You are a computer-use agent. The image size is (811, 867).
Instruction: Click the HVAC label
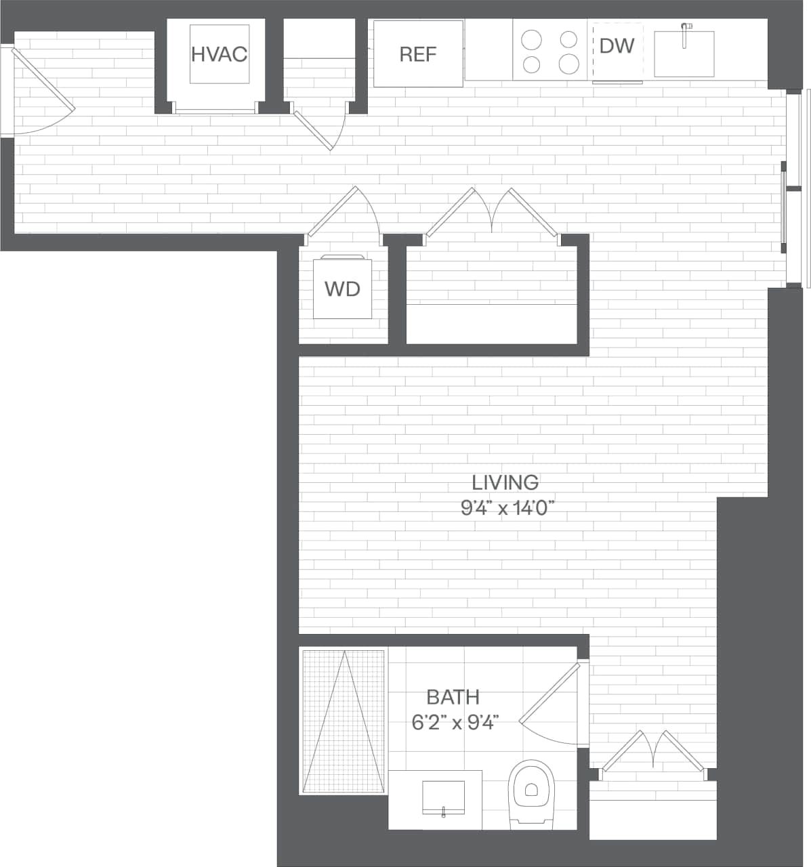point(219,54)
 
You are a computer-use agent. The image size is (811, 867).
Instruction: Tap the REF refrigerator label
point(418,54)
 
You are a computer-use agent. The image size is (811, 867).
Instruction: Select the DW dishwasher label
point(617,45)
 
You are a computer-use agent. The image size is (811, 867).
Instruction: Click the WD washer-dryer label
point(342,289)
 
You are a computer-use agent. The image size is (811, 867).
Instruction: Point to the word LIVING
point(505,482)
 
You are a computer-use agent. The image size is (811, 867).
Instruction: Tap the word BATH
point(453,696)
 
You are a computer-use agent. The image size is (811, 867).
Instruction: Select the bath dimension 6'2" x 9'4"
point(455,723)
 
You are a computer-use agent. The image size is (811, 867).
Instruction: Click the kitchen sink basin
point(684,54)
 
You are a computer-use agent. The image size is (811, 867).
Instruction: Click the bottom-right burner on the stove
point(568,64)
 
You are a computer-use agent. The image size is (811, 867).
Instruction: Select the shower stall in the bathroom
point(344,721)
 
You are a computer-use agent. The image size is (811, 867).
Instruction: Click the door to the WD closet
point(332,211)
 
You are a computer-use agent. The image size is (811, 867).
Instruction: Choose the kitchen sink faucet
point(686,34)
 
